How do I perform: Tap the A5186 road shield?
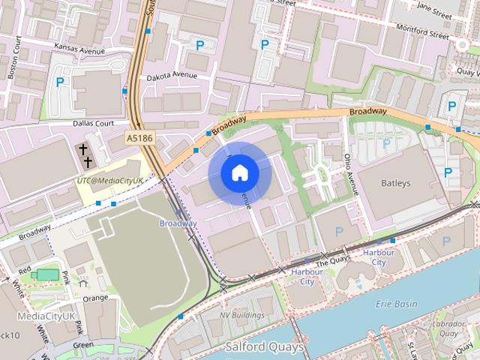(139, 138)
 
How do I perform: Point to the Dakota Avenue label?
(172, 76)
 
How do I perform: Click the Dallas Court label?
(93, 123)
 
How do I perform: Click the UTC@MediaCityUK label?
(109, 181)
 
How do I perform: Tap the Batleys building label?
(395, 183)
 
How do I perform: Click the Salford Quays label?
(265, 347)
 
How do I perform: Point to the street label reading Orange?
(95, 298)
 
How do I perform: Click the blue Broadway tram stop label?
(178, 223)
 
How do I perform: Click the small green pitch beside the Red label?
(46, 274)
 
